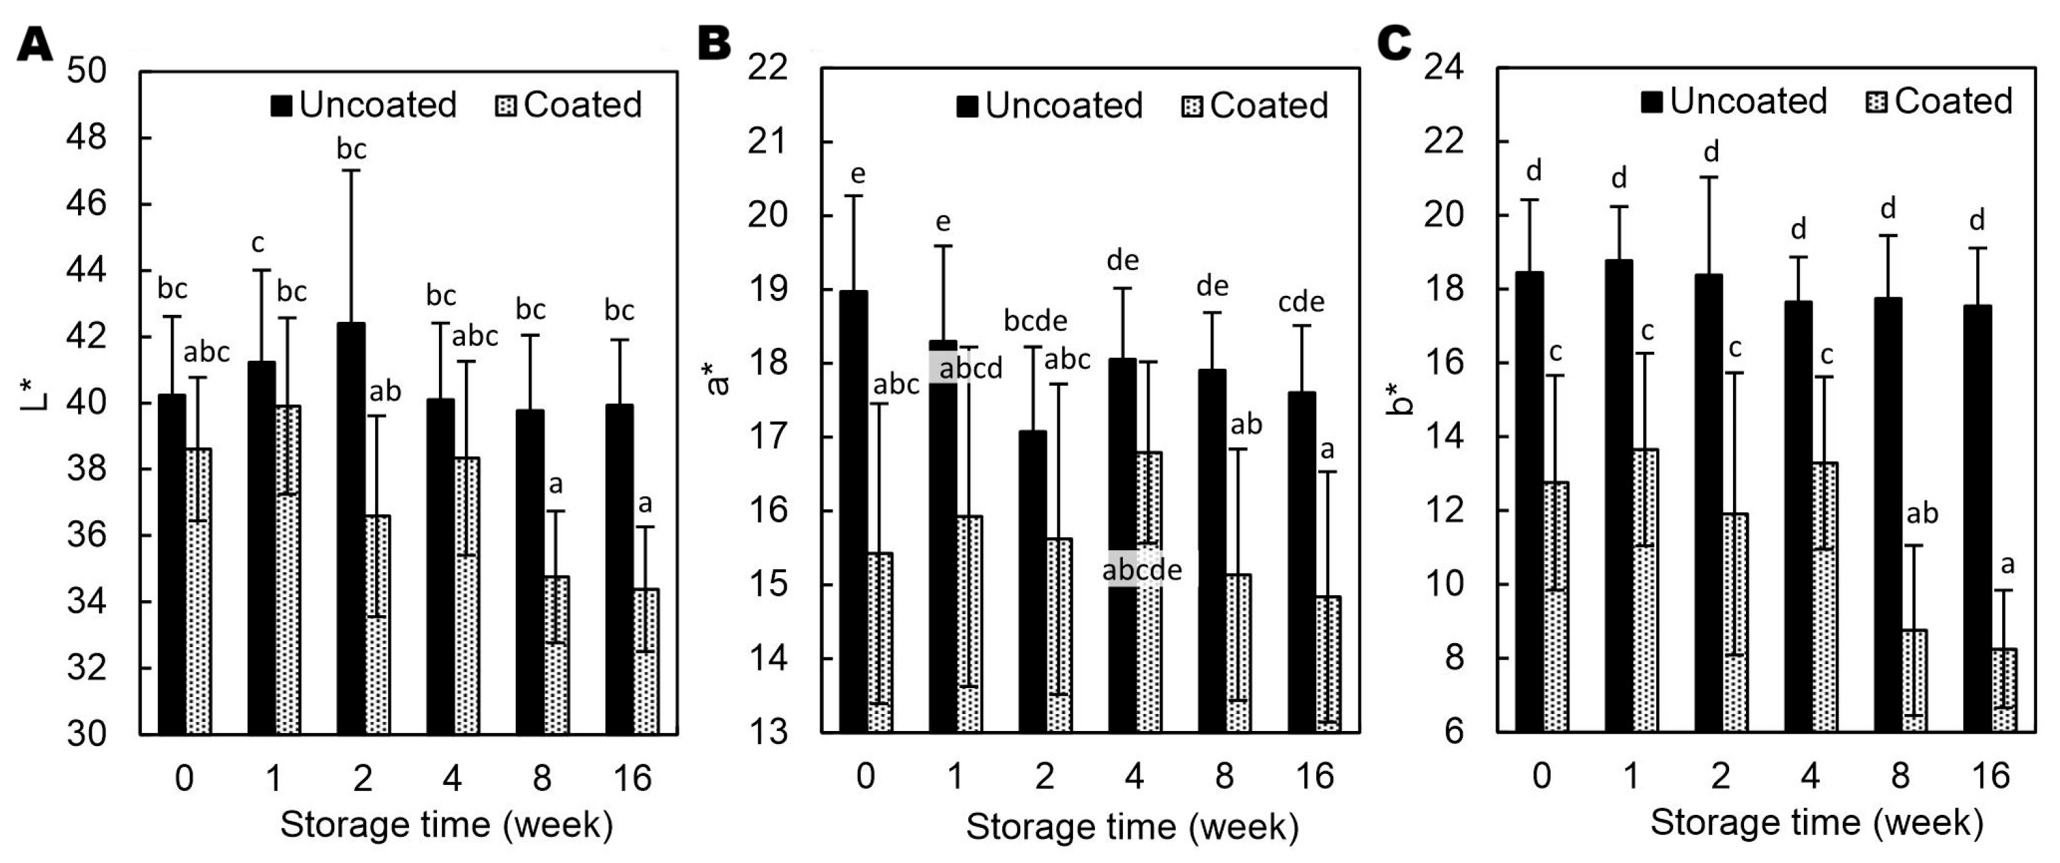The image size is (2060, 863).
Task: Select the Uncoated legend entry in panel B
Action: pos(1050,105)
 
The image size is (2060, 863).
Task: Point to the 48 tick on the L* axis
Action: pos(86,139)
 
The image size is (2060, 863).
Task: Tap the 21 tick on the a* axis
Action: pos(768,142)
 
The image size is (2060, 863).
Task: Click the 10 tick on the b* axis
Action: pos(1446,585)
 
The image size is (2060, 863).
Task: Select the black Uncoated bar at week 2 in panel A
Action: pos(352,528)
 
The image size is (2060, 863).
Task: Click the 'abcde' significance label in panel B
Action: pos(1141,570)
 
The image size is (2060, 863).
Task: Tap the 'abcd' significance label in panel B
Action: pos(970,369)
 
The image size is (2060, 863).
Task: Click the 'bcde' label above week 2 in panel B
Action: pos(1036,321)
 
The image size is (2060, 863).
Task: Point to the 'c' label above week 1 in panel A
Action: pos(257,243)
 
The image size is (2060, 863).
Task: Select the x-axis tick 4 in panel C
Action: pos(1810,776)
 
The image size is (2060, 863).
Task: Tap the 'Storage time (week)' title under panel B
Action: pos(1131,828)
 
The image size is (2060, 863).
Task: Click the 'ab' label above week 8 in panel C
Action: pos(1922,514)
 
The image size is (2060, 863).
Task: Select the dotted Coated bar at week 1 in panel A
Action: pos(287,570)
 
